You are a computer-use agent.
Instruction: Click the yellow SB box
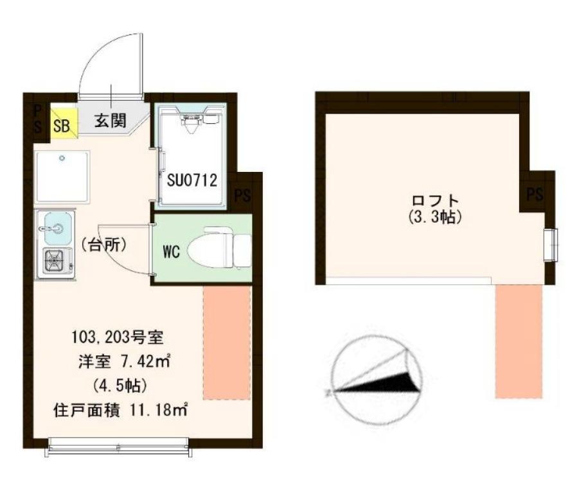[x=62, y=124]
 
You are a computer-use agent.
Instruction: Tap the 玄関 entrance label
[x=111, y=121]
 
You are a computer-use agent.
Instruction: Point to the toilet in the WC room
[x=218, y=248]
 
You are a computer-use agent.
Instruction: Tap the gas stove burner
[x=55, y=260]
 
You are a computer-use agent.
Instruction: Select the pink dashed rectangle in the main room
[x=227, y=343]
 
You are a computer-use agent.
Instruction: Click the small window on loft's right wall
[x=550, y=244]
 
